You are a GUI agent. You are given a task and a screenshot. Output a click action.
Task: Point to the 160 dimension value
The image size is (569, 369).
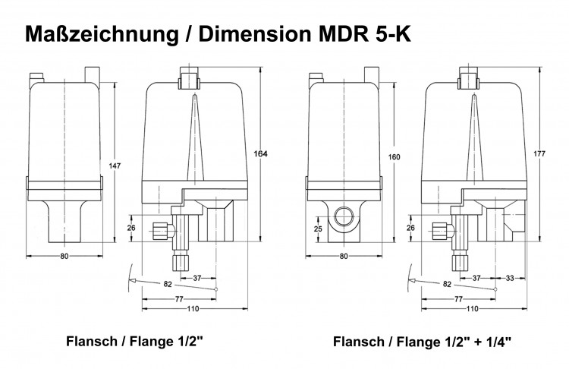(x=394, y=157)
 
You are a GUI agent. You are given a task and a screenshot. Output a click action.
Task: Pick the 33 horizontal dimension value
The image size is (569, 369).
(x=510, y=278)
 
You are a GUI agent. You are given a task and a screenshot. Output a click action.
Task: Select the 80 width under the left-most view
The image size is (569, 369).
(x=64, y=256)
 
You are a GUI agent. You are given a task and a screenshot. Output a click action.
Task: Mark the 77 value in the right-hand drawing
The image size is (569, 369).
(x=457, y=299)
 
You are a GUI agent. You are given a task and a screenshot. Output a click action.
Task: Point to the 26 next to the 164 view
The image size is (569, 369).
(x=130, y=228)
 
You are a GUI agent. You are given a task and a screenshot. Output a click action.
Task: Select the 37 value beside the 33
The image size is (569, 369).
(x=476, y=278)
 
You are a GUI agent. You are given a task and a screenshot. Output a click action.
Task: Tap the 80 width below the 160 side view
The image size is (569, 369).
(x=343, y=256)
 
